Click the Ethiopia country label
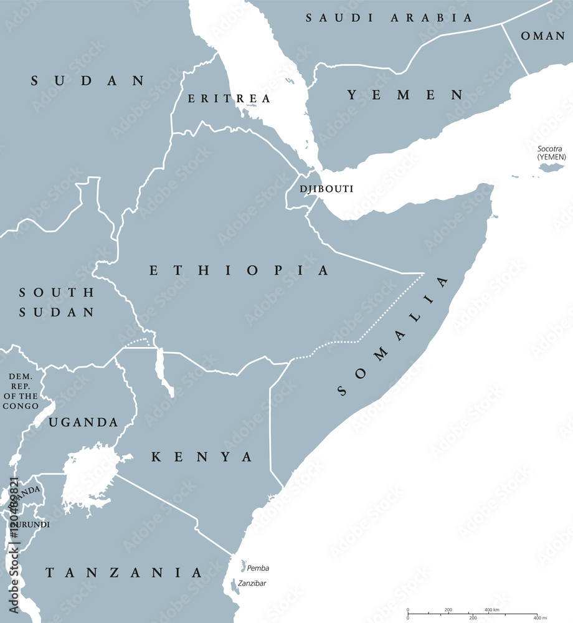click(x=239, y=270)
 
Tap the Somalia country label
click(x=393, y=336)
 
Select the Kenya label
click(x=202, y=457)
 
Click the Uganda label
click(x=83, y=422)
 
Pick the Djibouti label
click(x=326, y=188)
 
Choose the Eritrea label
click(x=229, y=98)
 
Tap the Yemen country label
click(x=405, y=95)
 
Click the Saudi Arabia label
click(x=389, y=18)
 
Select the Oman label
click(x=542, y=36)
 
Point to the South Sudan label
click(x=56, y=302)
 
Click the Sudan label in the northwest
click(x=88, y=80)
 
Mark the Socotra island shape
click(x=551, y=166)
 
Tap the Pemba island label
click(x=258, y=568)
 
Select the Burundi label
click(x=29, y=525)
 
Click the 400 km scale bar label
click(x=492, y=609)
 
